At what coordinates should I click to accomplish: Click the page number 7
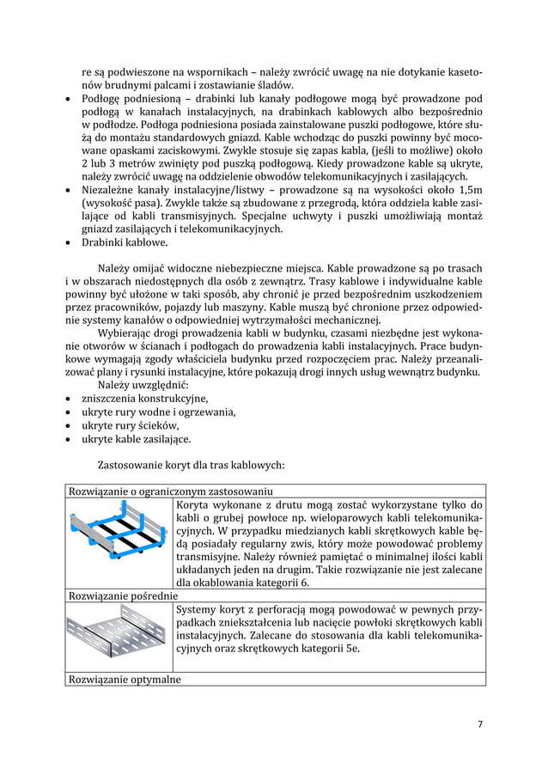480,723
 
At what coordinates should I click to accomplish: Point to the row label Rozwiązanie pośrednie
121,594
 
